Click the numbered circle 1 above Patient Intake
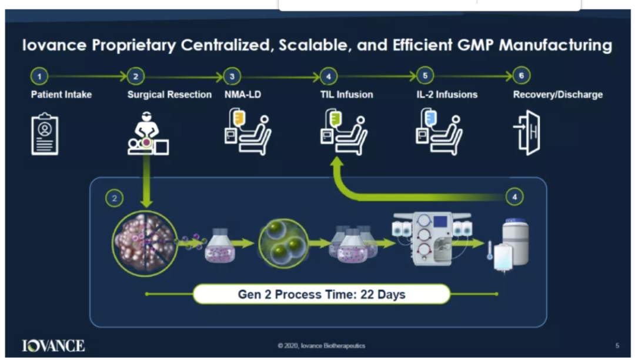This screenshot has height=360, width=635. coord(39,76)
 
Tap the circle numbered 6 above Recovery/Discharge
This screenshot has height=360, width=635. coord(521,76)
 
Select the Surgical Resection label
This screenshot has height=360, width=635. coord(169,95)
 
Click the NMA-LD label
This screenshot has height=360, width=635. coord(243,95)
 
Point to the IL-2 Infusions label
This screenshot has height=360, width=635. coord(447,95)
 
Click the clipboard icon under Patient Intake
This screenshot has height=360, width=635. coord(45,134)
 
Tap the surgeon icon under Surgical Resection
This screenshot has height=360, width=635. coord(148,133)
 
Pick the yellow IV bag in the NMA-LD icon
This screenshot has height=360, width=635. coord(239,118)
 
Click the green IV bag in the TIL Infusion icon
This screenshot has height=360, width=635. coord(335,118)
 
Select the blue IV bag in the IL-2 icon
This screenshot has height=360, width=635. coord(430,118)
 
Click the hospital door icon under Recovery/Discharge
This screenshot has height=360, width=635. coord(527,132)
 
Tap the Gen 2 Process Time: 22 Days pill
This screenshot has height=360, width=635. coord(322,294)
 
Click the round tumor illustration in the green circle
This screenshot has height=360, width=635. coord(145,244)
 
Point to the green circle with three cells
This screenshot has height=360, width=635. coord(283,244)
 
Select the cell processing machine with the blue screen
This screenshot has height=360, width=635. coord(432,239)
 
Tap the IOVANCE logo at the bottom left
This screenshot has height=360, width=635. coord(53,346)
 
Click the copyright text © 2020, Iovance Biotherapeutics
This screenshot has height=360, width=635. coord(322,346)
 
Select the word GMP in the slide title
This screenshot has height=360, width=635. coord(475,45)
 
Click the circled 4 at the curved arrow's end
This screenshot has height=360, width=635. coord(514,197)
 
